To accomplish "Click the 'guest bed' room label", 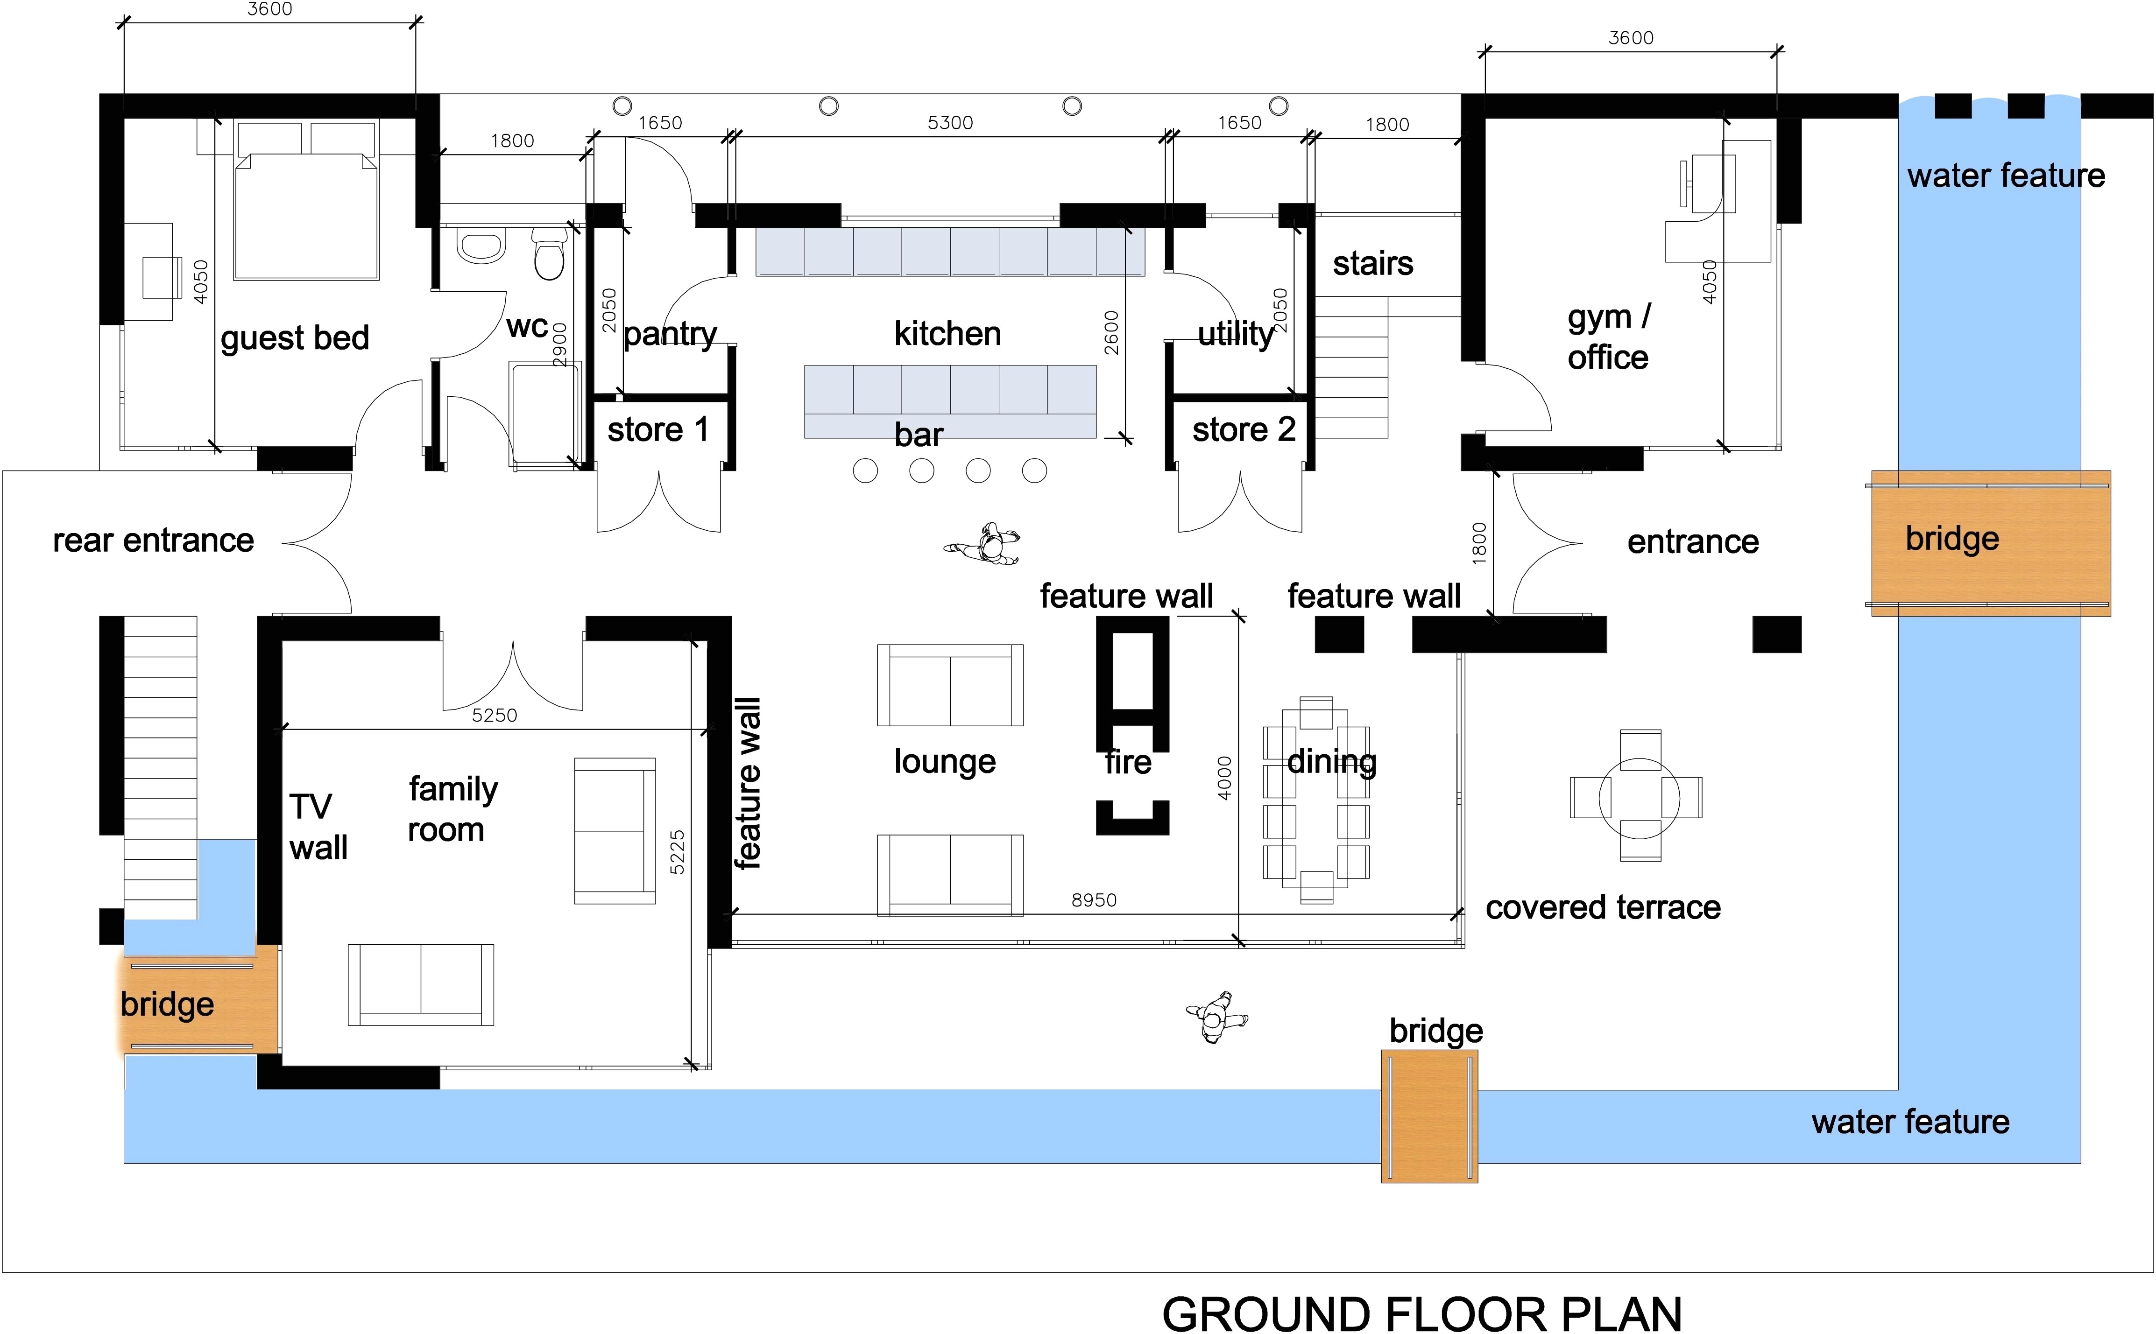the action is (x=295, y=338).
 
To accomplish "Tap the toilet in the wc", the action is (x=549, y=253).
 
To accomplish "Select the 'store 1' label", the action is (x=658, y=430).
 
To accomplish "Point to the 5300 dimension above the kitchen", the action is (x=950, y=123).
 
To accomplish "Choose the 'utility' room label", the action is (x=1236, y=333).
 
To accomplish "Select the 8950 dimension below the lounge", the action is (x=1094, y=900).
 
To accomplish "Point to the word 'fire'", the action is (x=1128, y=761).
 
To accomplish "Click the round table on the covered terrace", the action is (x=1639, y=798).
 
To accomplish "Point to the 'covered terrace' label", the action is (x=1603, y=907).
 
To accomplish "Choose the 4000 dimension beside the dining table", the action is (x=1224, y=778).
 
